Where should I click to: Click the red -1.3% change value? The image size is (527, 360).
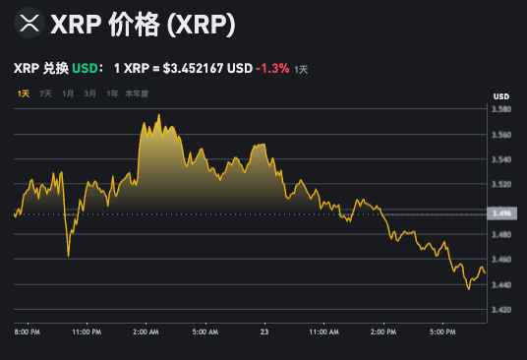coord(272,69)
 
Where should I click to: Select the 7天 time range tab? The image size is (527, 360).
coord(45,93)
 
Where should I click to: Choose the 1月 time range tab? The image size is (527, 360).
coord(68,93)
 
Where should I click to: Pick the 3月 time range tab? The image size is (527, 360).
coord(90,93)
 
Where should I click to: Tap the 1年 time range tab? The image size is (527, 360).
coord(112,93)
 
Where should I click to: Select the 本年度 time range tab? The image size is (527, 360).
coord(137,93)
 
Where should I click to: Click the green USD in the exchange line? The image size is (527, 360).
coord(86,69)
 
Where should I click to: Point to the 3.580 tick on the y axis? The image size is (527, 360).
coord(501,109)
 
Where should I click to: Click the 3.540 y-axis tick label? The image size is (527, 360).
coord(501,159)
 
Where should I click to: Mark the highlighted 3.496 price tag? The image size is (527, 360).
coord(501,212)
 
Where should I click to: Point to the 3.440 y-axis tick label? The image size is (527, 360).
coord(501,285)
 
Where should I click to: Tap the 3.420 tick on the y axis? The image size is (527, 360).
coord(501,310)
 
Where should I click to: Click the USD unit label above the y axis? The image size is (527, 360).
coord(501,95)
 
